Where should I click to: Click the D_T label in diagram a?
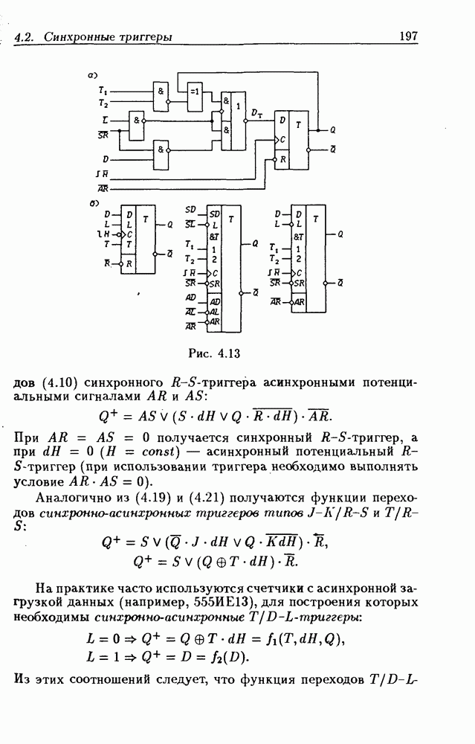tap(257, 113)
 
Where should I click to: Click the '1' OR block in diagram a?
tap(237, 119)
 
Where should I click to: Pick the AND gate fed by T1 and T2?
tap(161, 95)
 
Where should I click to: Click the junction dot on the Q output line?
tap(319, 130)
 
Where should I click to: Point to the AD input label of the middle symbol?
tap(190, 299)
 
